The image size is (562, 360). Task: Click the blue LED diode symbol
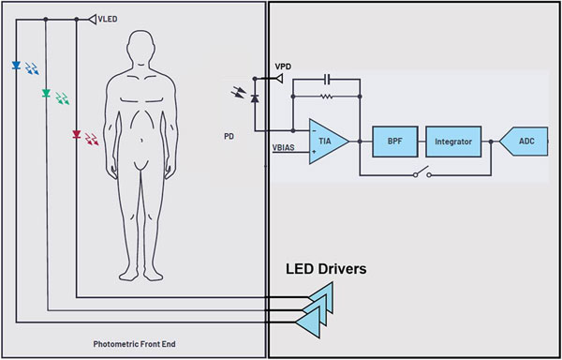pyautogui.click(x=16, y=66)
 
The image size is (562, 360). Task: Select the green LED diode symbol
pyautogui.click(x=46, y=94)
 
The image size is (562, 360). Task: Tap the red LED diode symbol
pyautogui.click(x=77, y=135)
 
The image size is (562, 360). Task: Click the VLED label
pyautogui.click(x=108, y=20)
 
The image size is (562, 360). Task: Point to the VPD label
pyautogui.click(x=283, y=67)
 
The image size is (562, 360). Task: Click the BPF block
pyautogui.click(x=395, y=142)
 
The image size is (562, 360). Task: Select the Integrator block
pyautogui.click(x=453, y=142)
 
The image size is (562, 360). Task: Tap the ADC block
pyautogui.click(x=524, y=142)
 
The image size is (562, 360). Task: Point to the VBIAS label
pyautogui.click(x=284, y=147)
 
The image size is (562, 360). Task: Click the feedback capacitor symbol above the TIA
pyautogui.click(x=327, y=80)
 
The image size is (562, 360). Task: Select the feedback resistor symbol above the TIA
pyautogui.click(x=326, y=97)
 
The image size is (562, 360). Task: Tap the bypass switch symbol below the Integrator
pyautogui.click(x=421, y=172)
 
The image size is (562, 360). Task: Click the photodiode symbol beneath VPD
pyautogui.click(x=255, y=98)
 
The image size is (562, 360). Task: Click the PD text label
pyautogui.click(x=229, y=137)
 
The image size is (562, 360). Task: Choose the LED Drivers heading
pyautogui.click(x=326, y=268)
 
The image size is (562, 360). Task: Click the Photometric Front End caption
pyautogui.click(x=134, y=344)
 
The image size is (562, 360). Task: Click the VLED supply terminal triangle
pyautogui.click(x=93, y=20)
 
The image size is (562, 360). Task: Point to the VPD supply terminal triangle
pyautogui.click(x=278, y=78)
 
